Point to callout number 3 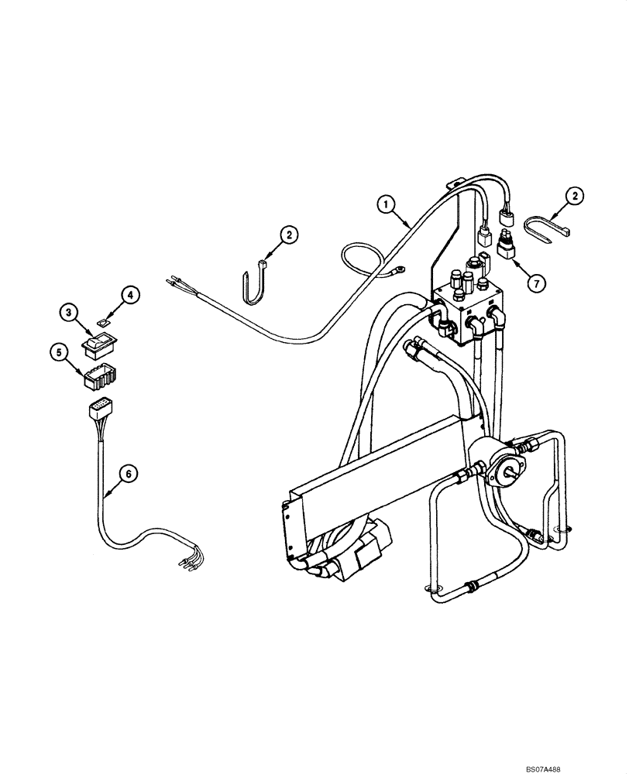68,313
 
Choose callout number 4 129,296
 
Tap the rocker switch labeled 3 98,342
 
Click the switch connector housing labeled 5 98,377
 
